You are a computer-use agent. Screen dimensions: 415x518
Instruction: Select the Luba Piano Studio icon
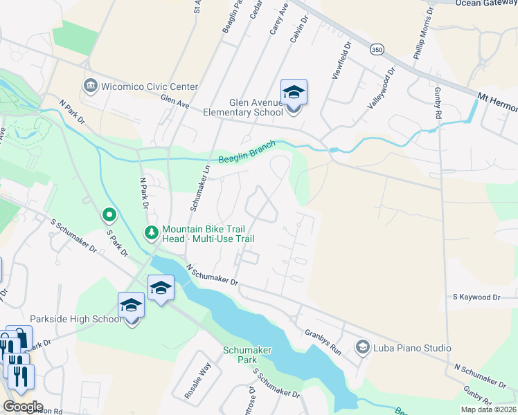[362, 347]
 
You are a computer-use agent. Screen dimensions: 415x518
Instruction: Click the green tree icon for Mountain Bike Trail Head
[152, 232]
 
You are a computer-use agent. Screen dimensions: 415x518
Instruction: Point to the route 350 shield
[377, 49]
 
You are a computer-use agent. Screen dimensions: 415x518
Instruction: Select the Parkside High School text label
[76, 319]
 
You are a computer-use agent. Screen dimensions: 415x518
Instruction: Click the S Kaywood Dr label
[476, 297]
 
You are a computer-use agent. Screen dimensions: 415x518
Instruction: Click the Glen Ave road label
[175, 102]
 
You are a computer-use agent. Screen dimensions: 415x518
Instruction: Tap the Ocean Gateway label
[486, 3]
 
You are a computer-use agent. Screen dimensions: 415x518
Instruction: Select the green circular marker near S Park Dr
[109, 216]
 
